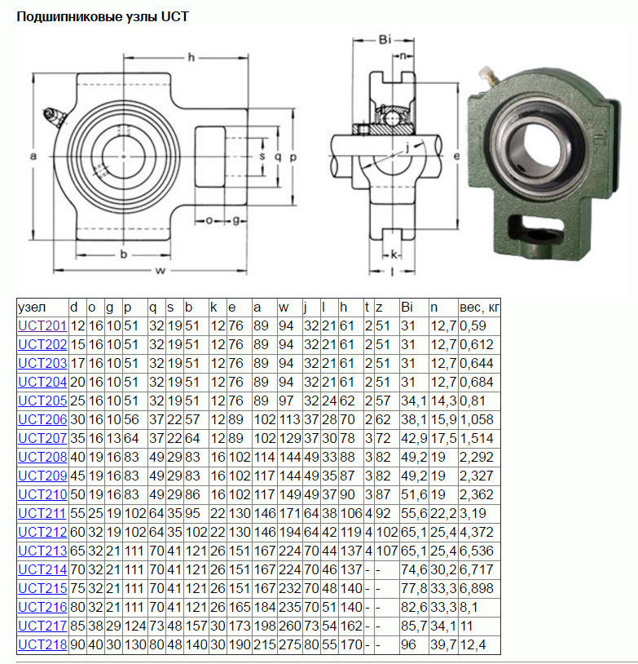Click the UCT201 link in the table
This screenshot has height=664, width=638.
coord(42,325)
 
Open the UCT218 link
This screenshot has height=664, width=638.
coord(42,644)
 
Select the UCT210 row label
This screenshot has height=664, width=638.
coord(42,494)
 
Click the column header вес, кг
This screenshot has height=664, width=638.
coord(479,307)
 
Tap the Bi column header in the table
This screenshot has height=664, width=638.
coord(407,307)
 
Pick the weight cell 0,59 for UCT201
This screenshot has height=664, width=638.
coord(473,325)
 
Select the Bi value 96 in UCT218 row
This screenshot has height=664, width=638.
coord(408,644)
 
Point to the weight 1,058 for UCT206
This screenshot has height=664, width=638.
coord(477,419)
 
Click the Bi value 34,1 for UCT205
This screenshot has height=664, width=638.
coord(414,401)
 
